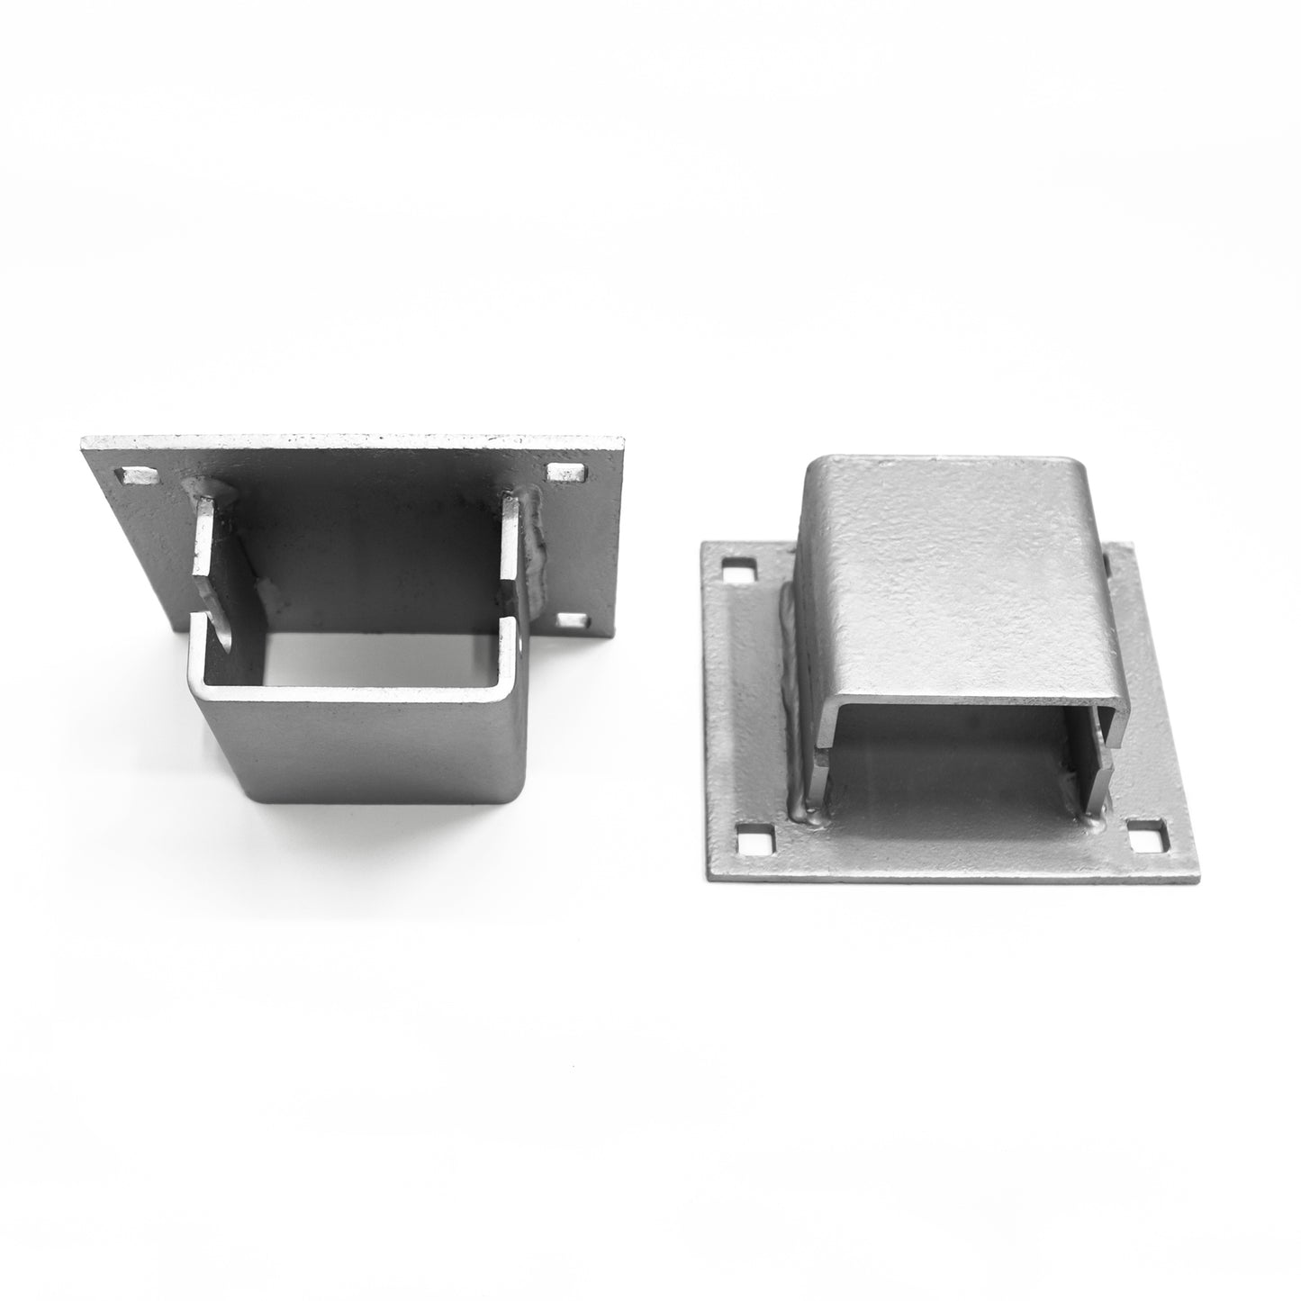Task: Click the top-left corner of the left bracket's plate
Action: (x=83, y=439)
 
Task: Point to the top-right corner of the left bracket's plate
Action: (x=624, y=439)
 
